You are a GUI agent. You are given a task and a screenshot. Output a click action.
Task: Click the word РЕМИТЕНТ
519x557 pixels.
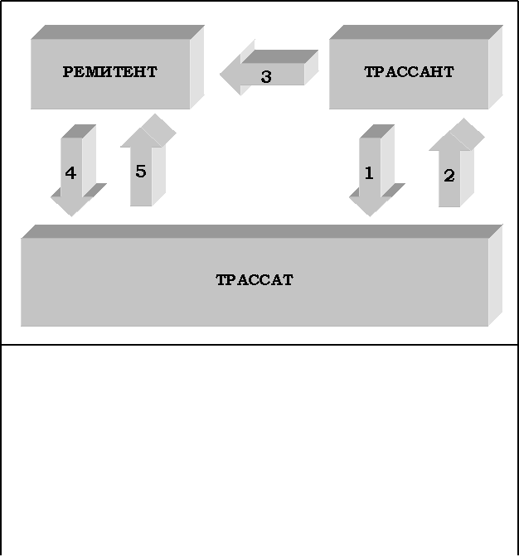[109, 72]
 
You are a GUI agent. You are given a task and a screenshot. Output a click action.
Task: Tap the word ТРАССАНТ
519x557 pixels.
[409, 72]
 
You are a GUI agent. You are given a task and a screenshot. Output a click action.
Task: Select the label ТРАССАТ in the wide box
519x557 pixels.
[255, 280]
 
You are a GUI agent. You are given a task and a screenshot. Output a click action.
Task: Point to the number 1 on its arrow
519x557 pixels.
[369, 173]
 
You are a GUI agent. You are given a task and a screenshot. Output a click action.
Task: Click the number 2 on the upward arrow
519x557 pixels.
[449, 176]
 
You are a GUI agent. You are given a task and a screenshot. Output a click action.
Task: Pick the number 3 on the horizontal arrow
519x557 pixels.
[265, 77]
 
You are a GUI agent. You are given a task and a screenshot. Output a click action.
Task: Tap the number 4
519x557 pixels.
[70, 173]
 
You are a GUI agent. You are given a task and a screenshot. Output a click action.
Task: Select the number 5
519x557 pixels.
[140, 171]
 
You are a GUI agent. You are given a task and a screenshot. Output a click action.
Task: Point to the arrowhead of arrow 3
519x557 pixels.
[225, 75]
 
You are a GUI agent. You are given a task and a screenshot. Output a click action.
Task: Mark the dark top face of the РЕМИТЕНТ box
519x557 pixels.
[116, 32]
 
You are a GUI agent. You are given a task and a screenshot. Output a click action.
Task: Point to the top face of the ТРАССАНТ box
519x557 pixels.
[415, 32]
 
